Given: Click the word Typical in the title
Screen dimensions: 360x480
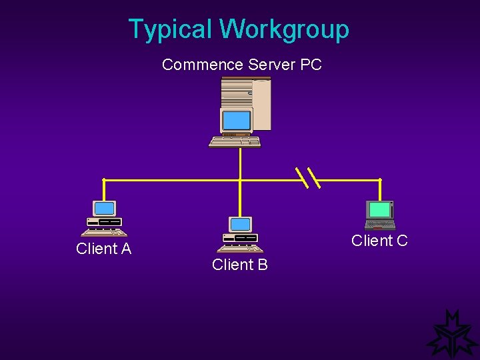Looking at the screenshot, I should click(x=171, y=29).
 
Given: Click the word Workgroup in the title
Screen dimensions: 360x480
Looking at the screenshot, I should click(x=284, y=29).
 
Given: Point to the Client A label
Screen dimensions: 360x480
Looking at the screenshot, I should click(x=103, y=249).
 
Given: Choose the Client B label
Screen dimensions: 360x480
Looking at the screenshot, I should click(x=239, y=265).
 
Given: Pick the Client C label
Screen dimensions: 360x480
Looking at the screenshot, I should click(x=379, y=241).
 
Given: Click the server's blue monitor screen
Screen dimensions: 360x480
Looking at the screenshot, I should click(x=236, y=120).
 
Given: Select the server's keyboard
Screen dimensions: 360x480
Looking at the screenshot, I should click(x=235, y=141).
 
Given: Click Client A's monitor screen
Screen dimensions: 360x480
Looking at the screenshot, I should click(x=105, y=208).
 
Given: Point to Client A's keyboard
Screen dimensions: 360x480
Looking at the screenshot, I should click(x=103, y=233).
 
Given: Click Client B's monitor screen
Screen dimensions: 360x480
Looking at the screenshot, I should click(x=240, y=224).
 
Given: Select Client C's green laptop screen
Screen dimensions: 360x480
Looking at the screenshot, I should click(x=380, y=209).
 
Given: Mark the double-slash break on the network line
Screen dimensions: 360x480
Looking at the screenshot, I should click(x=308, y=177).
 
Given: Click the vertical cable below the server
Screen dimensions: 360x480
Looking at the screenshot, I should click(x=239, y=163).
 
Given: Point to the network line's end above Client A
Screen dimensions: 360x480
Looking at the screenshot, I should click(x=103, y=180).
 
